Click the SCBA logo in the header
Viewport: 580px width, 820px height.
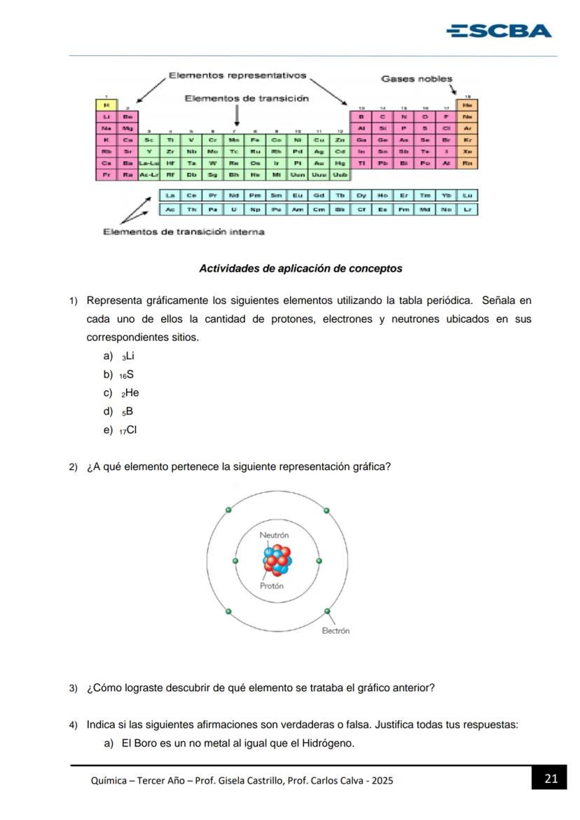click(499, 31)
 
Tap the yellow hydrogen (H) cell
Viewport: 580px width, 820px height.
click(105, 104)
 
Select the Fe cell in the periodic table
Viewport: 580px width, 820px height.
click(256, 139)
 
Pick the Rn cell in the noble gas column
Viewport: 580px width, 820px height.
click(467, 163)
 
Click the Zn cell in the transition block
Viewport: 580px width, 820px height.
click(340, 139)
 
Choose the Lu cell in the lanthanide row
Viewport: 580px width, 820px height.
click(467, 196)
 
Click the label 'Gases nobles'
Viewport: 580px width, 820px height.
click(416, 79)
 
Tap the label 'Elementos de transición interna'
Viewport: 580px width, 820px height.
click(184, 232)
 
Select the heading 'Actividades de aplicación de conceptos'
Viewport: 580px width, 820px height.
click(301, 268)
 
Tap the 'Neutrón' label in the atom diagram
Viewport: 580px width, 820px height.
click(274, 535)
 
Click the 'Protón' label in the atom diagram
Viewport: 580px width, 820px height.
click(271, 585)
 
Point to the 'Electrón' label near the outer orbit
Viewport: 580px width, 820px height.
click(336, 631)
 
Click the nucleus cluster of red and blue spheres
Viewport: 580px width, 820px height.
click(277, 560)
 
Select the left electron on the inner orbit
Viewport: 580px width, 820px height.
click(235, 561)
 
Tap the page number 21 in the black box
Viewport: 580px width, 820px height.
click(551, 779)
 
